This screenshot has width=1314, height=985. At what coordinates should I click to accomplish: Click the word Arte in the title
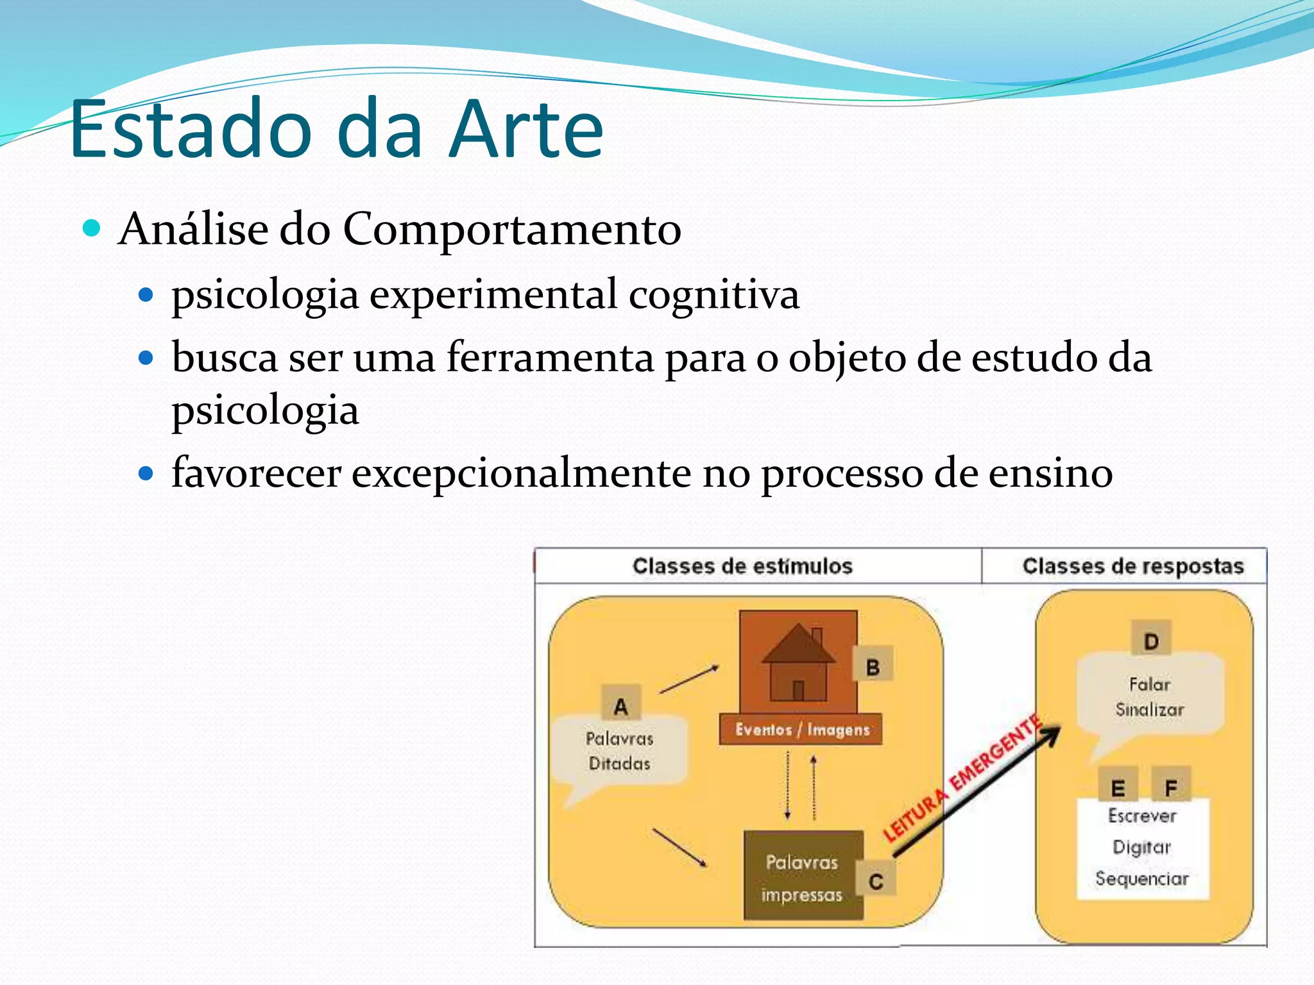526,130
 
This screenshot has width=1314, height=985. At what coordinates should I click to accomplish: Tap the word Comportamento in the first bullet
511,229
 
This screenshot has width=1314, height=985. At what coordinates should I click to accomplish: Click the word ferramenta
550,357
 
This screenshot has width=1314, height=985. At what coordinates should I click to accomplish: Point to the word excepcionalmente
521,473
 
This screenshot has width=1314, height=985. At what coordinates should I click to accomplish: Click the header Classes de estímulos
742,566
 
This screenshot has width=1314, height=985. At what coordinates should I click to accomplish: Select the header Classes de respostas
1132,566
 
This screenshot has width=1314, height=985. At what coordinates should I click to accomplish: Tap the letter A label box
620,706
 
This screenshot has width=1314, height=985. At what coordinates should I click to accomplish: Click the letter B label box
873,667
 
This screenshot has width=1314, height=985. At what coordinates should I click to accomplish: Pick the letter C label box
876,881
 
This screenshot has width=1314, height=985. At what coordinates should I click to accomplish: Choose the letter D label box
1151,641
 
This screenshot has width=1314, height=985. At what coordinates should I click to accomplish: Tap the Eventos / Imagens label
801,730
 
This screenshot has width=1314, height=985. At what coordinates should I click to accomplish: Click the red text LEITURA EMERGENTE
961,780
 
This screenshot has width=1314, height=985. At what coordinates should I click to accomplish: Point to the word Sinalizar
1149,710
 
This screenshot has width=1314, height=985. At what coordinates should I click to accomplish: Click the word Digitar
1141,847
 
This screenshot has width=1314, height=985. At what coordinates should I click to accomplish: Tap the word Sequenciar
1141,879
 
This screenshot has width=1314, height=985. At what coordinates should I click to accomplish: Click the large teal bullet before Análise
92,228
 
